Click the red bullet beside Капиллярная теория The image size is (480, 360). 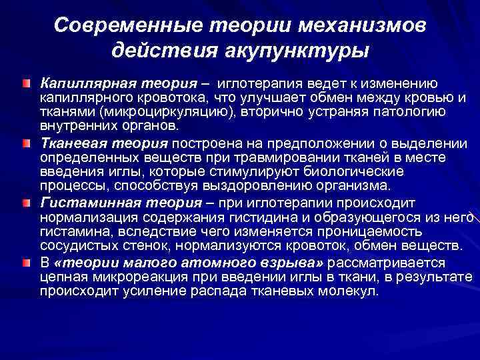pyautogui.click(x=26, y=84)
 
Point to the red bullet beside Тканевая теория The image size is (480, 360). pyautogui.click(x=26, y=143)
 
